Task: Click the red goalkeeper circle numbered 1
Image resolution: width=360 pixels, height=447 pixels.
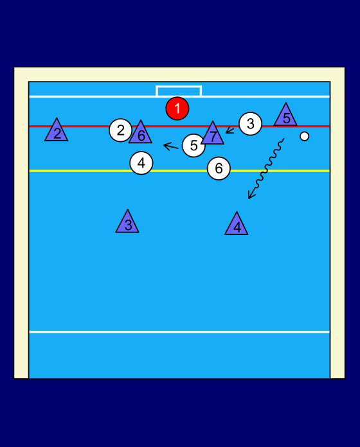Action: click(177, 109)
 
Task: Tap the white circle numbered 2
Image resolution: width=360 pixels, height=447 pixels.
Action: click(120, 130)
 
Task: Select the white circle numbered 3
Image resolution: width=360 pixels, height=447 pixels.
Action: click(251, 124)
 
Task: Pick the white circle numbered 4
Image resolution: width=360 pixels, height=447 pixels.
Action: click(141, 163)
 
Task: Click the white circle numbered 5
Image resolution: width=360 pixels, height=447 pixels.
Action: click(193, 146)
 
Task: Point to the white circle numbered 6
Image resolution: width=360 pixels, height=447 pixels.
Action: click(219, 168)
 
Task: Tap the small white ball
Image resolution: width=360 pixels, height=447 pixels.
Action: click(304, 136)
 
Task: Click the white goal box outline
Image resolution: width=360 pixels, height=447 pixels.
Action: click(179, 86)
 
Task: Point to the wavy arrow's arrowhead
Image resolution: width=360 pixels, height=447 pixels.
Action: click(251, 195)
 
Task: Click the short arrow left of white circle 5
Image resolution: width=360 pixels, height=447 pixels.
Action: click(170, 146)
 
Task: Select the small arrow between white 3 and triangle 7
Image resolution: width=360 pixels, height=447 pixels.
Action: click(230, 131)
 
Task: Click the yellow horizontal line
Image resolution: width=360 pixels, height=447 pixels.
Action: click(179, 171)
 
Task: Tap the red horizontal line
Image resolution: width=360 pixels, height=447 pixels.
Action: click(179, 126)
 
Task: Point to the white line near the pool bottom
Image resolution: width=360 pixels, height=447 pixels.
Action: click(179, 332)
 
